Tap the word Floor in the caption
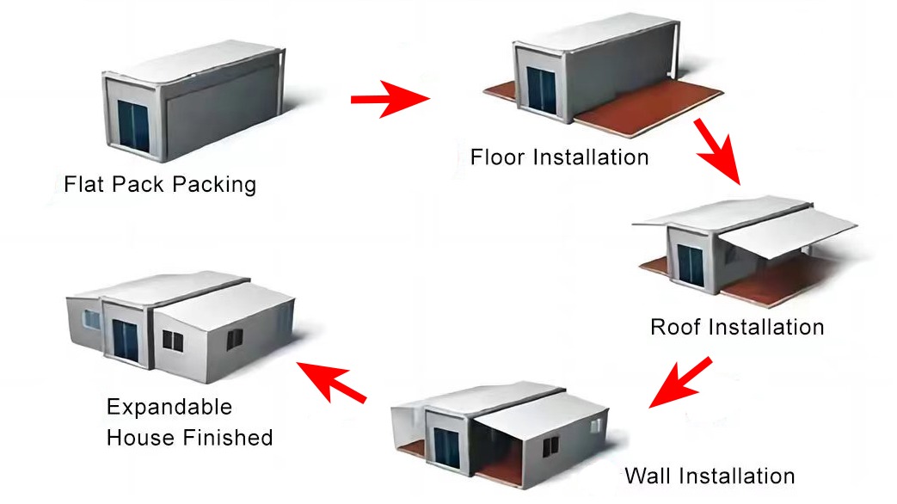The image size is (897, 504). pos(497,157)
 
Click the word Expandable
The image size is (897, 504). pos(169,407)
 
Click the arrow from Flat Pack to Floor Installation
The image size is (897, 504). pos(390,100)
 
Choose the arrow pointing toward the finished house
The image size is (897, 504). pos(331,382)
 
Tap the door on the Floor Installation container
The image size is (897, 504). pos(541,89)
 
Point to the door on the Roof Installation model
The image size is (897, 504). pos(691,265)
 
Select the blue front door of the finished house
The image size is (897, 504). pos(126,341)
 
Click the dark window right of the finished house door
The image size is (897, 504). pos(173,341)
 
